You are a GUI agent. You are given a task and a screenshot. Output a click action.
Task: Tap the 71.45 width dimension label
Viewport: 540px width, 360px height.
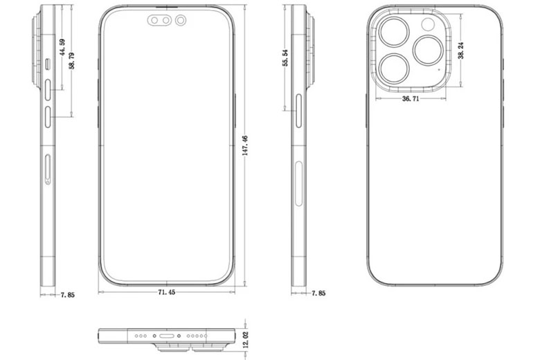[x=166, y=293]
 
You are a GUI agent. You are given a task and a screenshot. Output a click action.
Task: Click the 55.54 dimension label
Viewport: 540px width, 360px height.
[x=285, y=57]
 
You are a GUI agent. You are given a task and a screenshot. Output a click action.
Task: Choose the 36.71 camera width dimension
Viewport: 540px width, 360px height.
[x=411, y=99]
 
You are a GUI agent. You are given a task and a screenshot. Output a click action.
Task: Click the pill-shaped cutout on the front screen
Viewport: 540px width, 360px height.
[x=161, y=21]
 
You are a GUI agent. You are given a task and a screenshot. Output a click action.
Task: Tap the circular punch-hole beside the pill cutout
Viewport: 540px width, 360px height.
[x=181, y=21]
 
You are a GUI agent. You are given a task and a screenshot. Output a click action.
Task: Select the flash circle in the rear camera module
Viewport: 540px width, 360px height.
[x=427, y=25]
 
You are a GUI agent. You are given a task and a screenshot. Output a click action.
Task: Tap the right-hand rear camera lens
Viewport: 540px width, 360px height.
[x=427, y=51]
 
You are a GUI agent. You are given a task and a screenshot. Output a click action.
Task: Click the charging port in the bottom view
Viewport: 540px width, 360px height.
[x=167, y=335]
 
